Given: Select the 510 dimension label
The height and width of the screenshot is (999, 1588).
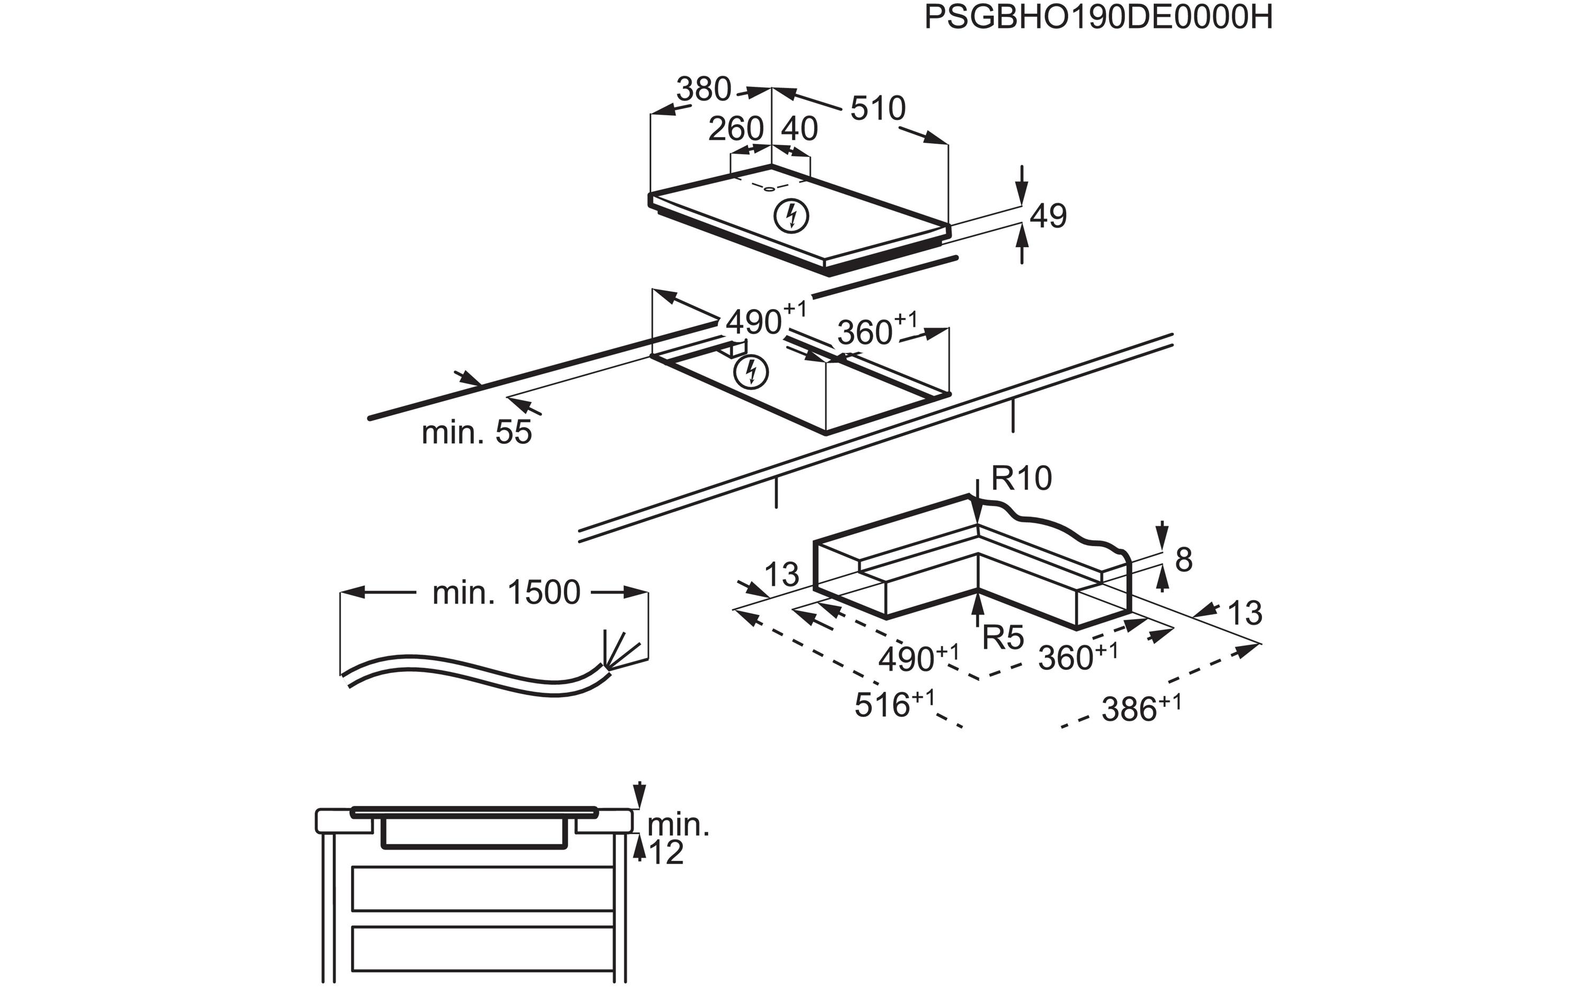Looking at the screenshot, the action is pyautogui.click(x=878, y=108).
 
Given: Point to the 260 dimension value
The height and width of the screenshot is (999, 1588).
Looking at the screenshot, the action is pyautogui.click(x=736, y=129).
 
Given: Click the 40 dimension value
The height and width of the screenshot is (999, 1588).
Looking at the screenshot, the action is pyautogui.click(x=799, y=129).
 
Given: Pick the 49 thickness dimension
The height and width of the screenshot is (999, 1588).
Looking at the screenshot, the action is pyautogui.click(x=1048, y=216).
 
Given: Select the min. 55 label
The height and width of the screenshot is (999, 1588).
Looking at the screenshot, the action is pyautogui.click(x=476, y=433).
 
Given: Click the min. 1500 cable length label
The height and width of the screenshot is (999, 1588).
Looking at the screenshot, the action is pyautogui.click(x=506, y=593).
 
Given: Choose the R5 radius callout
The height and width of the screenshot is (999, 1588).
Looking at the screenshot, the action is pyautogui.click(x=1003, y=637).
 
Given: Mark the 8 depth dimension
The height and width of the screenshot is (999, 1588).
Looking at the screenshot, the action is pyautogui.click(x=1184, y=560).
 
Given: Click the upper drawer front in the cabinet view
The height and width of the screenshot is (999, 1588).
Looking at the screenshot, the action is pyautogui.click(x=483, y=889).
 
